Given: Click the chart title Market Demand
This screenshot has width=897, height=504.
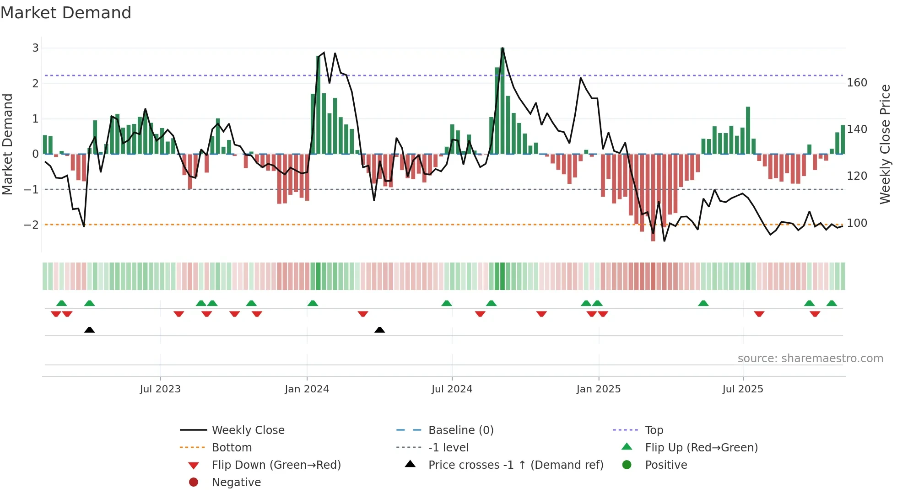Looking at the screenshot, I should click(x=66, y=13).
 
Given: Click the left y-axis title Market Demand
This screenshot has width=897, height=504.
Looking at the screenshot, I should click(x=8, y=144).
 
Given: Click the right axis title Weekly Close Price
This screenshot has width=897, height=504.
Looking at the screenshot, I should click(x=885, y=144).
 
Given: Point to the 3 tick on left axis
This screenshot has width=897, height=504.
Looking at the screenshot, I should click(x=35, y=48).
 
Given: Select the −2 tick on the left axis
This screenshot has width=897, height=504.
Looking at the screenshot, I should click(x=32, y=225).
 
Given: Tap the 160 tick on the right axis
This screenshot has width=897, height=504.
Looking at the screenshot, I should click(x=857, y=83).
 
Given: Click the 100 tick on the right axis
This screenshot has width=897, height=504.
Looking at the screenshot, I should click(x=857, y=223).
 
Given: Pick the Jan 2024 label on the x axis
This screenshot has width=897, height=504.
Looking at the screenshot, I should click(x=307, y=389).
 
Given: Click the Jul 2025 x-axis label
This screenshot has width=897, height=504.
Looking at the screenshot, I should click(x=743, y=389).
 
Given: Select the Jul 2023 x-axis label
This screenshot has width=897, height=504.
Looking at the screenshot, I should click(x=160, y=389).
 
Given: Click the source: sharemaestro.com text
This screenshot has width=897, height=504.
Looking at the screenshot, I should click(x=810, y=359).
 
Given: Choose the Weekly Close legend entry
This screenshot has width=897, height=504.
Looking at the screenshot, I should click(x=248, y=430).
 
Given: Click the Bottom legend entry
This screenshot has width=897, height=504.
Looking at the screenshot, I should click(x=232, y=448).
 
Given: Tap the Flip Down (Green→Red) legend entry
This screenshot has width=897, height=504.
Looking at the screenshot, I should click(x=276, y=465).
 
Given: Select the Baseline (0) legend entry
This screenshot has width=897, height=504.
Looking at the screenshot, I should click(x=460, y=430).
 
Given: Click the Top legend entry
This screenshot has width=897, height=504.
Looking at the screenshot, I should click(x=654, y=430).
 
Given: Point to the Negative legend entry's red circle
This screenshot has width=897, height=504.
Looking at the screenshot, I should click(x=194, y=483).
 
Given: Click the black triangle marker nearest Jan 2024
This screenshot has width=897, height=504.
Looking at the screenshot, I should click(x=379, y=330).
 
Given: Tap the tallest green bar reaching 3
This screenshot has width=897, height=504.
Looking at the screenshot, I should click(x=503, y=101).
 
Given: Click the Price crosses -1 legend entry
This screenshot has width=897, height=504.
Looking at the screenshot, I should click(x=515, y=465).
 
